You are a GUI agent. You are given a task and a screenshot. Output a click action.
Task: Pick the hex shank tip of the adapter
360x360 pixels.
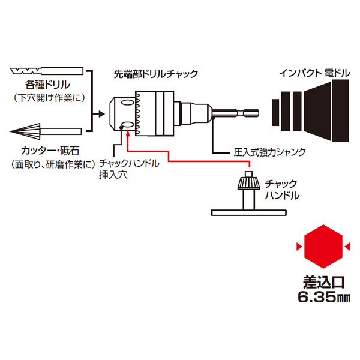tap(253, 112)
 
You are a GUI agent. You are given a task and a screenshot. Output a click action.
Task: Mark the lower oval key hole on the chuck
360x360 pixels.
tap(128, 125)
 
